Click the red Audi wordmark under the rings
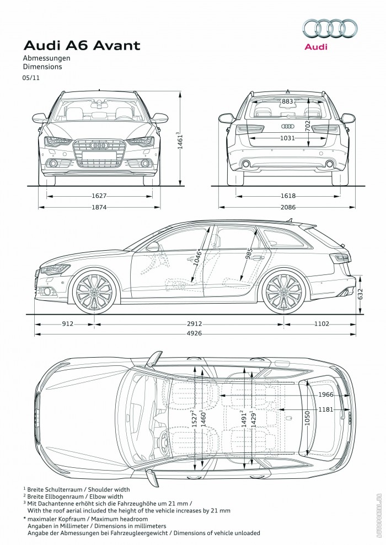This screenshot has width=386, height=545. point(316,47)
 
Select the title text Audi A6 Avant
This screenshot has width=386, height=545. point(81,45)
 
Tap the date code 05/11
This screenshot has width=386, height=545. point(31,78)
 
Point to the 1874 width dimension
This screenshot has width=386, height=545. point(99,207)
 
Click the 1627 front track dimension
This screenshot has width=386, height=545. point(99,196)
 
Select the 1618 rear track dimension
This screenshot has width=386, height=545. point(287,196)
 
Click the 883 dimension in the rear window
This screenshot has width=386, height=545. point(287,102)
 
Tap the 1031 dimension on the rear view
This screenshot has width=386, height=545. point(287,138)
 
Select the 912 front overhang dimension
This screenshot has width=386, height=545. point(67,324)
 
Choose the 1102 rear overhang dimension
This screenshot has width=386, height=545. point(321,324)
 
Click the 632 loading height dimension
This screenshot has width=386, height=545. point(361,296)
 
